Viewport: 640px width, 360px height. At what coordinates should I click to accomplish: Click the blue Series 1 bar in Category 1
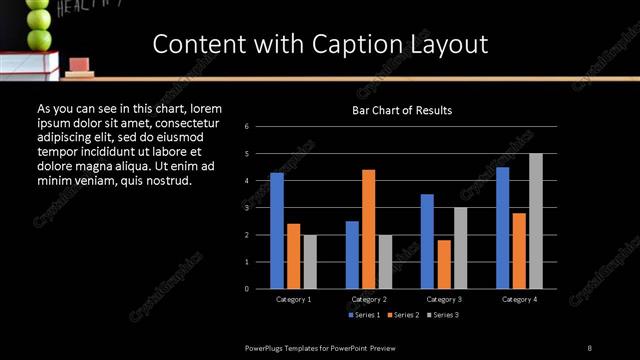click(x=277, y=231)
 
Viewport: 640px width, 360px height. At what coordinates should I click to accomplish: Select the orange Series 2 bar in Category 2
click(x=369, y=229)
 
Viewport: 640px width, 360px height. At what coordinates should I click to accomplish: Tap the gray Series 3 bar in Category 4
click(x=536, y=221)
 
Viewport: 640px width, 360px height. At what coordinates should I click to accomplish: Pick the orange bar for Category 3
click(x=444, y=264)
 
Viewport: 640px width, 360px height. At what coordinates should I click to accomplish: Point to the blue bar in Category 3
click(x=427, y=241)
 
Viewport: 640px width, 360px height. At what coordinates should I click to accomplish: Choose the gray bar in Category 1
click(x=310, y=262)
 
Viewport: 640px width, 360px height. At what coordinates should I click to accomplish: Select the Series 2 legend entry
click(x=403, y=315)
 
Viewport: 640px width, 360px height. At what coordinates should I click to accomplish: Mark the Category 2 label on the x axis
click(x=369, y=299)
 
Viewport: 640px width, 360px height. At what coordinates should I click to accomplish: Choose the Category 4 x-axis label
click(x=519, y=299)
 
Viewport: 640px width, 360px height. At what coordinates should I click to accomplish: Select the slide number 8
click(x=589, y=347)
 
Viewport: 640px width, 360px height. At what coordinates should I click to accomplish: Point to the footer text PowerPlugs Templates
click(x=290, y=347)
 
